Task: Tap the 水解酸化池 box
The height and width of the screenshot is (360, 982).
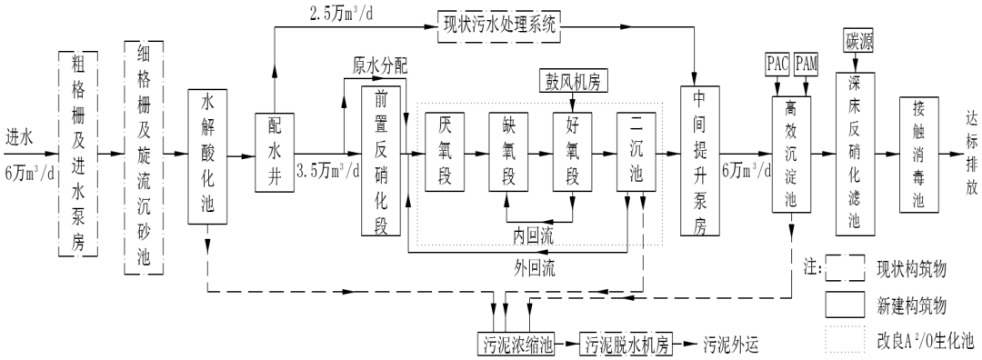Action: [x=208, y=156]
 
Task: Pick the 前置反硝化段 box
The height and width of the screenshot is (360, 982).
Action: [x=380, y=160]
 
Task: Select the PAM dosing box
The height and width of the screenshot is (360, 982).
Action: [x=807, y=65]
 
